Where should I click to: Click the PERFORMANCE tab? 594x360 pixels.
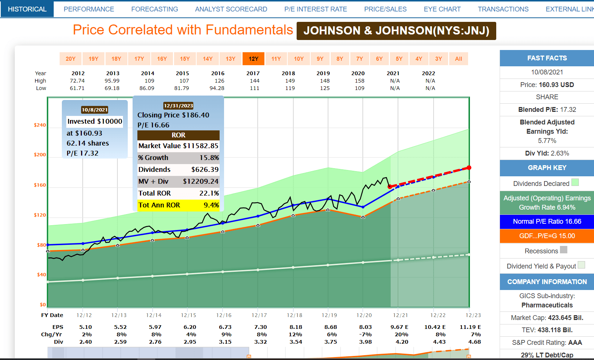(89, 9)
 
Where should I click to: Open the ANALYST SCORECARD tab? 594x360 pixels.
(231, 9)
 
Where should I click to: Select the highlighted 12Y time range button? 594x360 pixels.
(253, 59)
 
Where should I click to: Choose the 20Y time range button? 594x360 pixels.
(70, 59)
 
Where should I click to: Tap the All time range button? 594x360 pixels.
(458, 59)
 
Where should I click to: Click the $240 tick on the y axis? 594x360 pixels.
(40, 125)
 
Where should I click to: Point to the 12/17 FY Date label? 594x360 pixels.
(259, 315)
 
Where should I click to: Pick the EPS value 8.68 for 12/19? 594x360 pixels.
(330, 327)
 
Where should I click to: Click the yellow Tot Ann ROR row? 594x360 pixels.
(178, 205)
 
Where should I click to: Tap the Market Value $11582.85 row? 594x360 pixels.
(178, 146)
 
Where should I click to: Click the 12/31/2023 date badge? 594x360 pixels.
(178, 106)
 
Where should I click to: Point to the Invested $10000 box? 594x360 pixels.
(95, 121)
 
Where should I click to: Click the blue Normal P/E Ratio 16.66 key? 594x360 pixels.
(547, 221)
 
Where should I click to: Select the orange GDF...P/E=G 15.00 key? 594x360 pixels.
(547, 236)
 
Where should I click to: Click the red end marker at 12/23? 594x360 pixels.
(469, 168)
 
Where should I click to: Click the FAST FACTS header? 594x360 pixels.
(547, 58)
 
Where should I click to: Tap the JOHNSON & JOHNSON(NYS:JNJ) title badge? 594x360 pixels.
(396, 31)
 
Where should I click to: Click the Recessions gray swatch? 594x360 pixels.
(563, 250)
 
